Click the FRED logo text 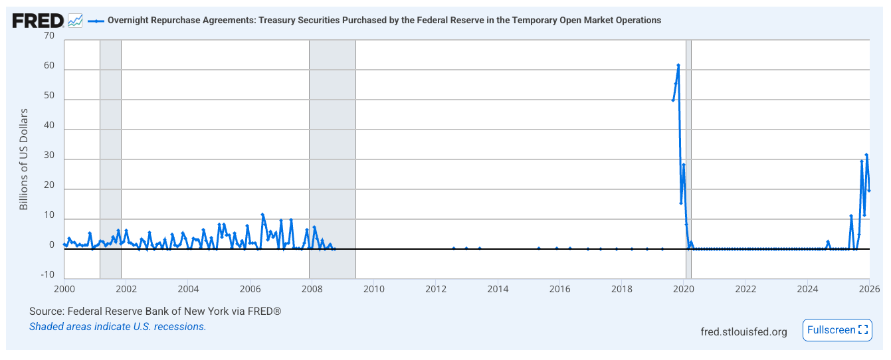click(38, 21)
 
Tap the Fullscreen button click(837, 330)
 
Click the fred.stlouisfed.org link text click(743, 331)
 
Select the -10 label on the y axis click(48, 275)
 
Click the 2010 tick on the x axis click(374, 289)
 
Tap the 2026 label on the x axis click(869, 289)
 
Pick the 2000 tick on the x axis click(64, 289)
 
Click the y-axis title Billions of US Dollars click(24, 159)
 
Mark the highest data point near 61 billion click(678, 65)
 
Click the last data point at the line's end click(869, 191)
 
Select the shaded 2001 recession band click(110, 159)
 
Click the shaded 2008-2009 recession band click(332, 159)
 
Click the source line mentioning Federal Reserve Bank click(155, 312)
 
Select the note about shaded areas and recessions click(118, 327)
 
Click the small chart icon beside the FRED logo click(75, 21)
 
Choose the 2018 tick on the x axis click(621, 289)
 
